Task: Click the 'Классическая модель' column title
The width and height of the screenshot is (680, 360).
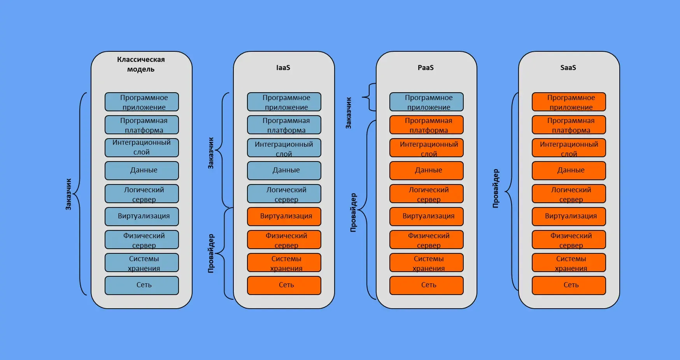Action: coord(141,64)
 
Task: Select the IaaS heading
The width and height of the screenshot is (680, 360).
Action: coord(283,68)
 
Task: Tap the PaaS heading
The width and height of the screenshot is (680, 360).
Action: coord(426,68)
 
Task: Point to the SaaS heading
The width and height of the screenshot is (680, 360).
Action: coord(568,68)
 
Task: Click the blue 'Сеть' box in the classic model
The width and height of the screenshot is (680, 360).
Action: coord(142,285)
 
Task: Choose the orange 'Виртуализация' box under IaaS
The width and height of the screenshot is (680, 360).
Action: coord(284,216)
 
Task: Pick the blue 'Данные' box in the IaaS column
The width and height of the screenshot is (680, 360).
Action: coord(284,170)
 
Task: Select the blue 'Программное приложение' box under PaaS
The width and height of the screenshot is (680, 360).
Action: coord(426,102)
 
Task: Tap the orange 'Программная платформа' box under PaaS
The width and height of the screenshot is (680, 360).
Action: coord(426,125)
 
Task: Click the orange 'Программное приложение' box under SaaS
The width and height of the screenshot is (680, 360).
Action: coord(569,102)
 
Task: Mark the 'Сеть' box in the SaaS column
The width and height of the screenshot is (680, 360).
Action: coord(569,285)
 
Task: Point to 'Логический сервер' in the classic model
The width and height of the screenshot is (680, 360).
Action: coord(142,194)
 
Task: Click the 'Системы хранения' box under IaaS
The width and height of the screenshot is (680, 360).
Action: coord(284,263)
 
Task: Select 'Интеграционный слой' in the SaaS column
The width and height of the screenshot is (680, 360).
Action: coord(569,148)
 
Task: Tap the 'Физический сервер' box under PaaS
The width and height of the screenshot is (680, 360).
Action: coord(426,240)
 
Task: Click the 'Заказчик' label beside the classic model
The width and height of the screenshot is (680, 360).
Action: coord(68,194)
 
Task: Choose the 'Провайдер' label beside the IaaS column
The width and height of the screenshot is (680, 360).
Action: coord(211,253)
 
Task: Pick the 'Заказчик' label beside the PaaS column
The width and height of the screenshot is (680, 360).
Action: coord(349,113)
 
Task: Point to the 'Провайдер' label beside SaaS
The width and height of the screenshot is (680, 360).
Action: coord(496,188)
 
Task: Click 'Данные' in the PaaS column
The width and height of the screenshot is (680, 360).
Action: coord(426,170)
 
